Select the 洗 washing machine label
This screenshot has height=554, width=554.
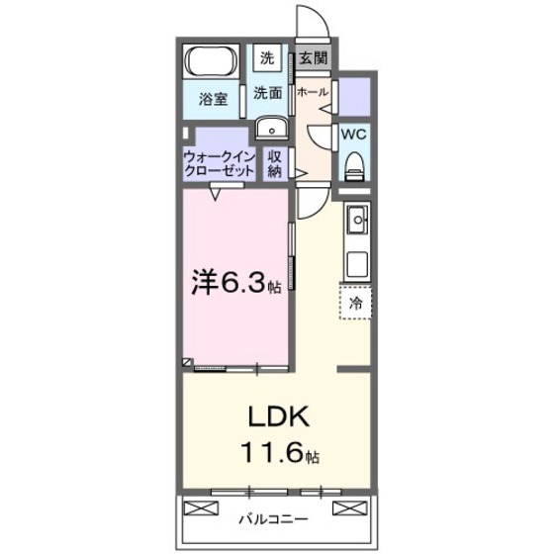coord(267,58)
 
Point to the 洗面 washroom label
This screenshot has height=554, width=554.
coord(268,94)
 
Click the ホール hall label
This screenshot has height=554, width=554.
coord(313,91)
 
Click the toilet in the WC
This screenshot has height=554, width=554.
coord(355,165)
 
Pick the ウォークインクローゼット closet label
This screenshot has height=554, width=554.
coord(220,163)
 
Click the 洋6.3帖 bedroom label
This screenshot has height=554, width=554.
coord(236,286)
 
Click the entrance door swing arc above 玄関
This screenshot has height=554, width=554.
coord(311,24)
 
